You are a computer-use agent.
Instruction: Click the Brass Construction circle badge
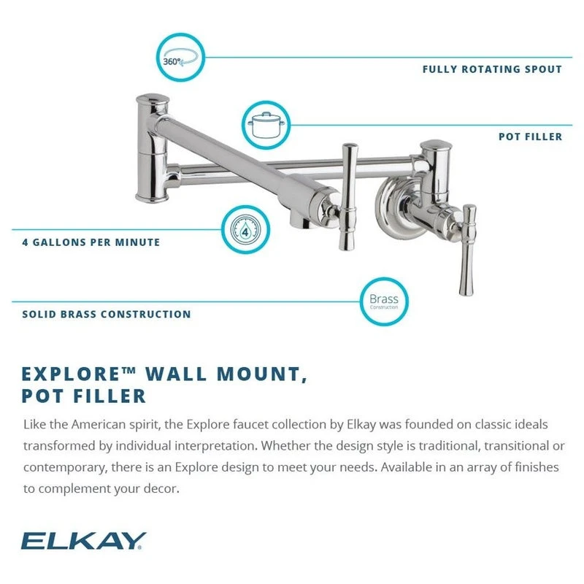[383, 301]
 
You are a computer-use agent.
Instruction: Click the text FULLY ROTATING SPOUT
[492, 69]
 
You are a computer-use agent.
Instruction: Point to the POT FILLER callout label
[530, 137]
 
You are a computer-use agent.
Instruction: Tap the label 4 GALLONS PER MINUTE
[91, 242]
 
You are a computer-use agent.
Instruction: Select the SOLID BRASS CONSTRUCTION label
[107, 315]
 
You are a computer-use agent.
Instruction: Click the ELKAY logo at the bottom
[84, 540]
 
